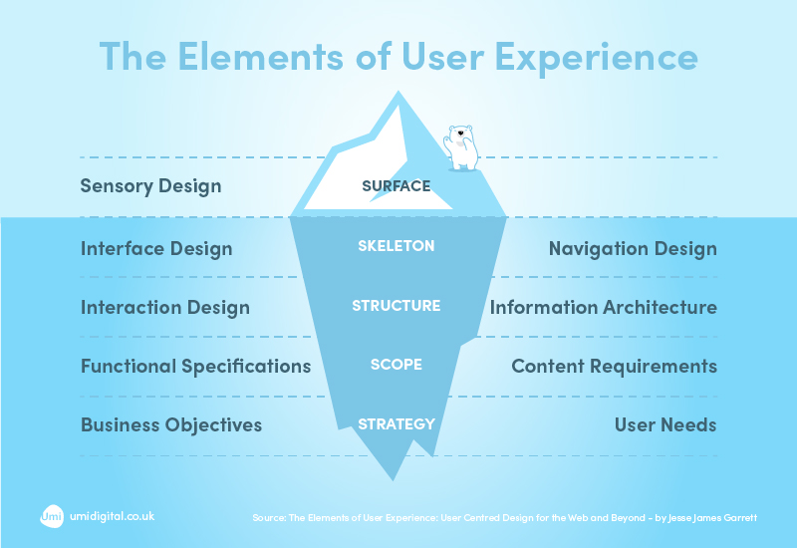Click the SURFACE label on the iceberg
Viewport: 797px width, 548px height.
(x=396, y=185)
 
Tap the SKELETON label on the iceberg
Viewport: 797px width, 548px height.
(x=396, y=246)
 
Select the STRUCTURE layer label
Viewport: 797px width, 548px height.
(x=396, y=306)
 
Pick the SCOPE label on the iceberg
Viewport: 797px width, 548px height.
(x=396, y=365)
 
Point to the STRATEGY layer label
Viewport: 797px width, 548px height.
(x=396, y=423)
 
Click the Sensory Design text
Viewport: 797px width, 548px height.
(x=150, y=186)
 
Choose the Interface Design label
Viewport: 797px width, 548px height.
(x=155, y=248)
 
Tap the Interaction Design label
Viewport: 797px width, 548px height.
(x=164, y=307)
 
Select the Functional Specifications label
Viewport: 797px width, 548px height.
(x=195, y=366)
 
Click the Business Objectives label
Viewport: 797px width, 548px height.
(x=170, y=424)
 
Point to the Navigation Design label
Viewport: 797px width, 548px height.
(x=633, y=248)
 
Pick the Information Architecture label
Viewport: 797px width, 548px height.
(x=603, y=307)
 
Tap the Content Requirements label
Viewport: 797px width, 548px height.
(x=614, y=366)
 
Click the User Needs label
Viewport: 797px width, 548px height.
(x=664, y=424)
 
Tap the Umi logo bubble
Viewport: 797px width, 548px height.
(x=52, y=516)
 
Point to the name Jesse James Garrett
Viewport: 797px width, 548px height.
(x=715, y=518)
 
